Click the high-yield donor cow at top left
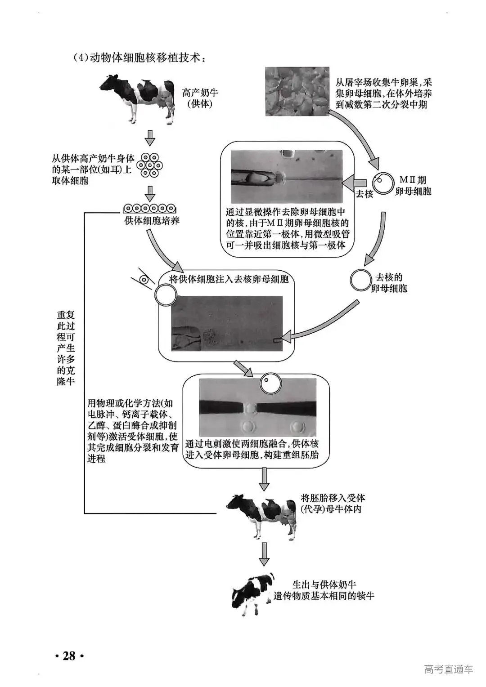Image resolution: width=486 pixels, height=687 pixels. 137,99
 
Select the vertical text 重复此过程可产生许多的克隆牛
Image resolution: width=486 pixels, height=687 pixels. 66,348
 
